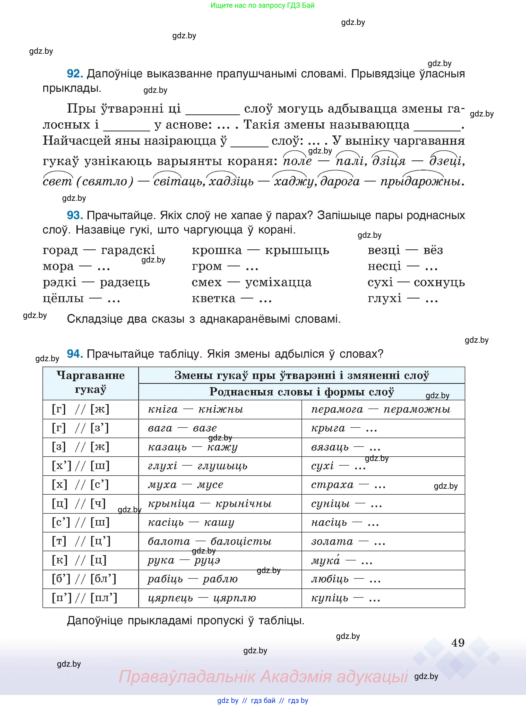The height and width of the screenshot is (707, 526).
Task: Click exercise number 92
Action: pyautogui.click(x=75, y=74)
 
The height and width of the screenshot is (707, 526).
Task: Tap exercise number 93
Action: pyautogui.click(x=75, y=215)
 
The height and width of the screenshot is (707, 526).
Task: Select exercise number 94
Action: pyautogui.click(x=75, y=354)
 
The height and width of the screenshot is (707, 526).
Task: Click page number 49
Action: pyautogui.click(x=458, y=643)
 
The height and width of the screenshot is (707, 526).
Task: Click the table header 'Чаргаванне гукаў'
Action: pyautogui.click(x=90, y=383)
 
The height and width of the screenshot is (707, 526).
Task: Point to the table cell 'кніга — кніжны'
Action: pyautogui.click(x=195, y=410)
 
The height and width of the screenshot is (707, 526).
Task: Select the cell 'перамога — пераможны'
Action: pyautogui.click(x=381, y=410)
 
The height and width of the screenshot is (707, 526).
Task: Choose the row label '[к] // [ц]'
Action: pyautogui.click(x=79, y=560)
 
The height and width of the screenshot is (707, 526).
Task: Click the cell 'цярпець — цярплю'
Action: pyautogui.click(x=202, y=598)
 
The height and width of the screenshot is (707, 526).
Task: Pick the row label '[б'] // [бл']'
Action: pyautogui.click(x=84, y=579)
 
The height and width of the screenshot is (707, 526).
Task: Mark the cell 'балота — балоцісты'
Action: pyautogui.click(x=209, y=541)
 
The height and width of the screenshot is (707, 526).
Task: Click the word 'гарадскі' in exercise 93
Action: pyautogui.click(x=128, y=250)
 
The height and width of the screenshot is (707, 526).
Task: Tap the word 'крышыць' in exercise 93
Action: pyautogui.click(x=297, y=250)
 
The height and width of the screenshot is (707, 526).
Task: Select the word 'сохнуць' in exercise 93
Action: pyautogui.click(x=439, y=282)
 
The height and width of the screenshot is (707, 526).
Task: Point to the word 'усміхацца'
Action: pyautogui.click(x=278, y=282)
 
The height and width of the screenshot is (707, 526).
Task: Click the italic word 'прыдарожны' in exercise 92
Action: pyautogui.click(x=420, y=182)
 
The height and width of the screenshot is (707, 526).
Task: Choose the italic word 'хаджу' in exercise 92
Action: pyautogui.click(x=294, y=182)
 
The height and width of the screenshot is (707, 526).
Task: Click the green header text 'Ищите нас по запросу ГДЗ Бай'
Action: pyautogui.click(x=262, y=5)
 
